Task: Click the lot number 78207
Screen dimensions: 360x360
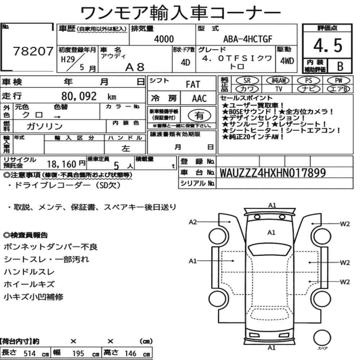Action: [x=33, y=51]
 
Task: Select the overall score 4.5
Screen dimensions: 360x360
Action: [x=328, y=45]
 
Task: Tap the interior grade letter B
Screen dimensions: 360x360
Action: [x=340, y=66]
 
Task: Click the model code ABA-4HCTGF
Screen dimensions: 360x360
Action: [x=248, y=39]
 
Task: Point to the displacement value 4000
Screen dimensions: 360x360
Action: [x=164, y=39]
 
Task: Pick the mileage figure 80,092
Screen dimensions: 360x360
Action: [x=79, y=96]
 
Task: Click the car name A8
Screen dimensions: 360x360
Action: [x=135, y=67]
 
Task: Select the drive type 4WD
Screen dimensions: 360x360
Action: [x=287, y=61]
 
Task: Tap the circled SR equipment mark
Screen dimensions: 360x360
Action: [x=247, y=80]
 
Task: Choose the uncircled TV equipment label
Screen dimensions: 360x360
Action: [x=279, y=89]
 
